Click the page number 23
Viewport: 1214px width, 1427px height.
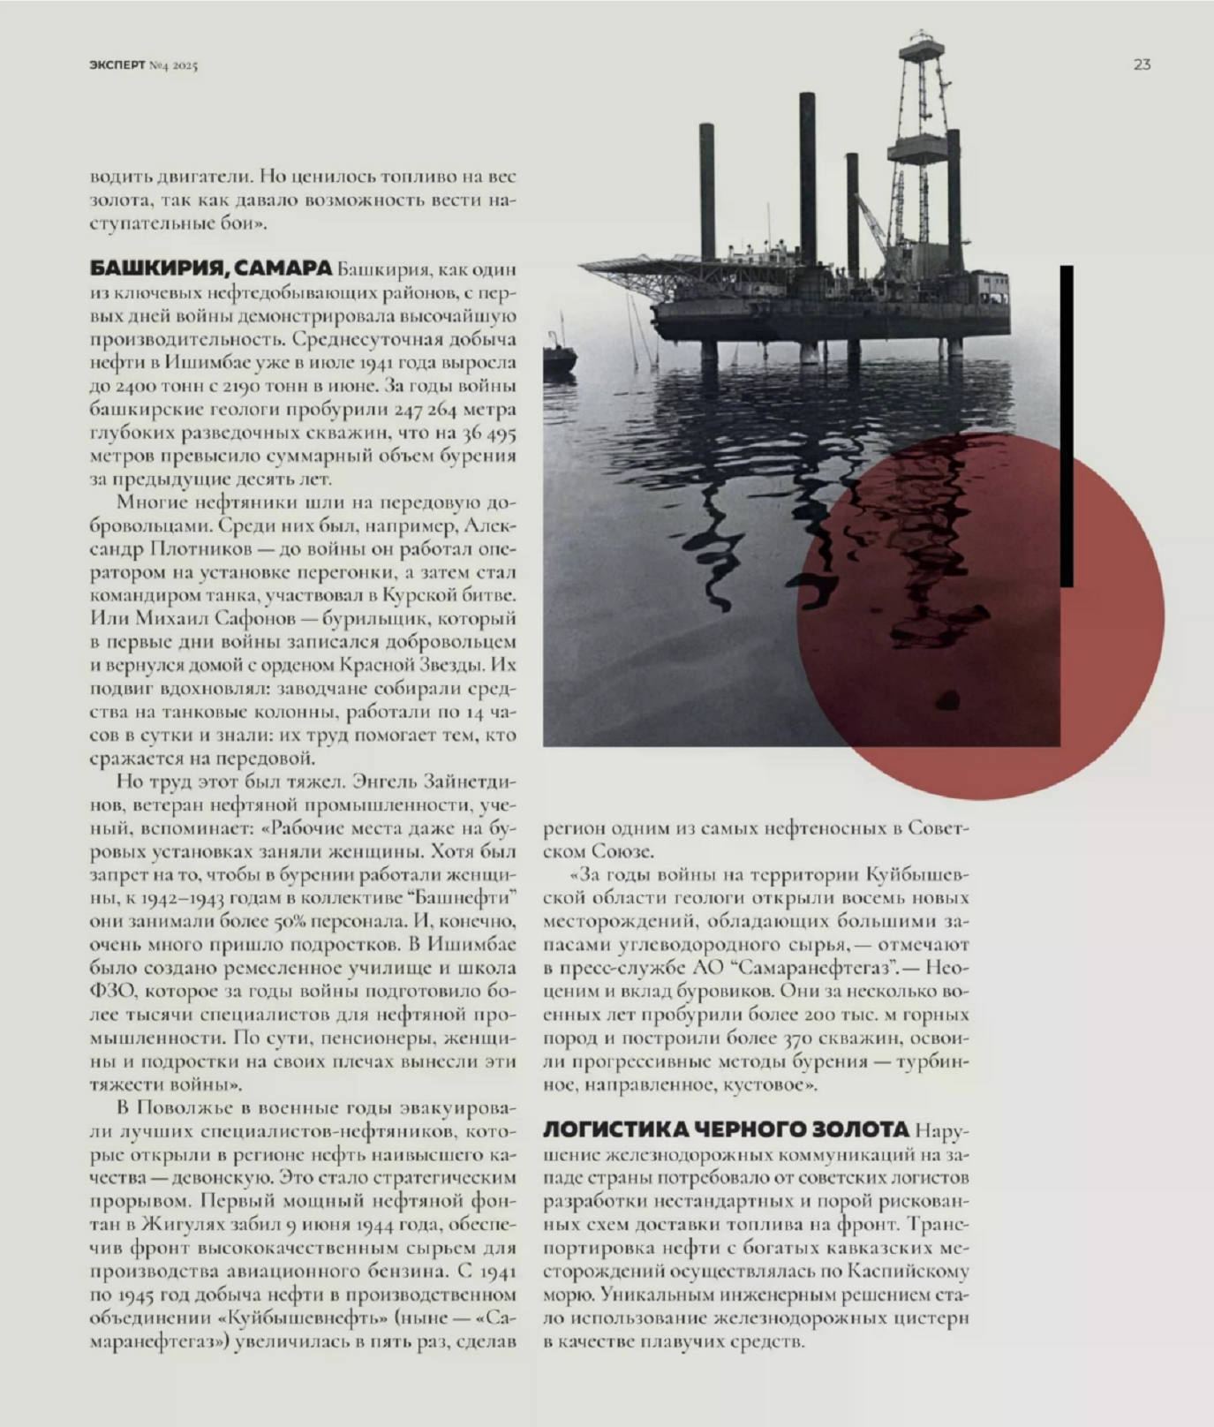click(x=1142, y=64)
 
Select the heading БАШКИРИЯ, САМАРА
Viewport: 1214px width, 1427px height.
click(x=211, y=268)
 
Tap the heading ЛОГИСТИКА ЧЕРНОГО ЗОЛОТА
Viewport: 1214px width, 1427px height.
click(x=725, y=1129)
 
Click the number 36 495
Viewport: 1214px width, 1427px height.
click(x=487, y=434)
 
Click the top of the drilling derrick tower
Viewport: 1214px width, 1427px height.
click(x=921, y=40)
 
